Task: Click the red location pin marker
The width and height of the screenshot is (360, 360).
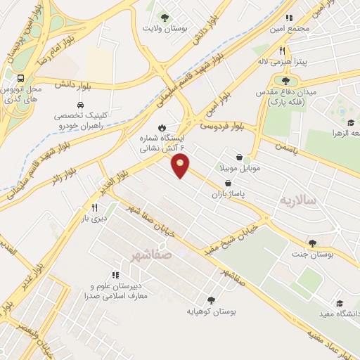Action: coord(181,166)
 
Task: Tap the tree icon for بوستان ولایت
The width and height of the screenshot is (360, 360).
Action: coord(165,18)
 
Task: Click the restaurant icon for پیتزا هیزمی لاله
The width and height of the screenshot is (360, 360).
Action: coord(282,51)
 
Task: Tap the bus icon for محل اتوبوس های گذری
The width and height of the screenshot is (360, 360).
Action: coord(21,79)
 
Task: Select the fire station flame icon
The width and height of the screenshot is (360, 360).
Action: coord(162,127)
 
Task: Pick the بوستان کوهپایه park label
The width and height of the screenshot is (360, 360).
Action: coord(211,310)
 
